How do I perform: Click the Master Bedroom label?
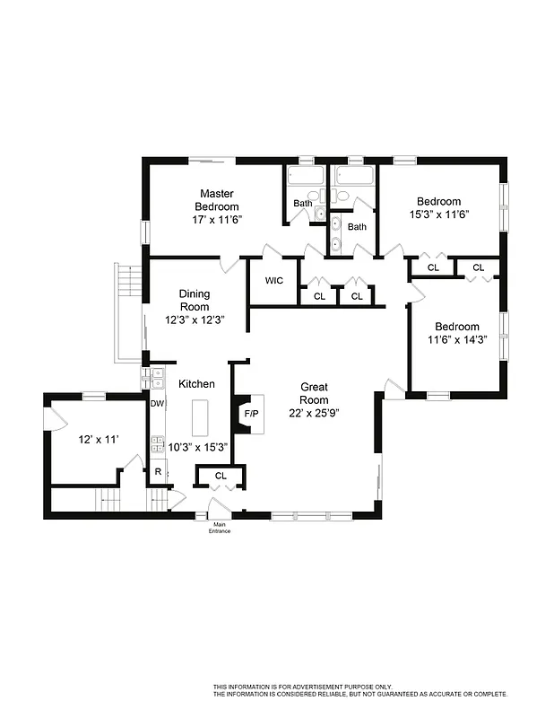pos(217,200)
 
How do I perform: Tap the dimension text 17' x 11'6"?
pos(217,219)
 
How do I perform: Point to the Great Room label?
pos(314,394)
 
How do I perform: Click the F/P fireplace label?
pos(252,414)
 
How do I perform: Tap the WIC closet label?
pos(273,281)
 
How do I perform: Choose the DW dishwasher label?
pos(157,404)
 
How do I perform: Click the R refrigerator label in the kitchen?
pos(158,471)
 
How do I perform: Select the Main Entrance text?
pos(220,528)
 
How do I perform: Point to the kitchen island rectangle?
pos(199,419)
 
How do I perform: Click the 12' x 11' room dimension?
pos(99,439)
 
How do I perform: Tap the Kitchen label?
pos(196,384)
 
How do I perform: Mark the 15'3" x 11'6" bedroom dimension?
pos(439,215)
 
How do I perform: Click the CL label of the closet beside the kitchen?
pos(221,475)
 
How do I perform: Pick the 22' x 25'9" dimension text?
pos(314,413)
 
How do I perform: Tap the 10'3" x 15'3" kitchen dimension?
pos(199,446)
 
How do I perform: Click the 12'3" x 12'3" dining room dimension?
pos(194,320)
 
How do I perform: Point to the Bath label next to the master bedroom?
pos(303,203)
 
